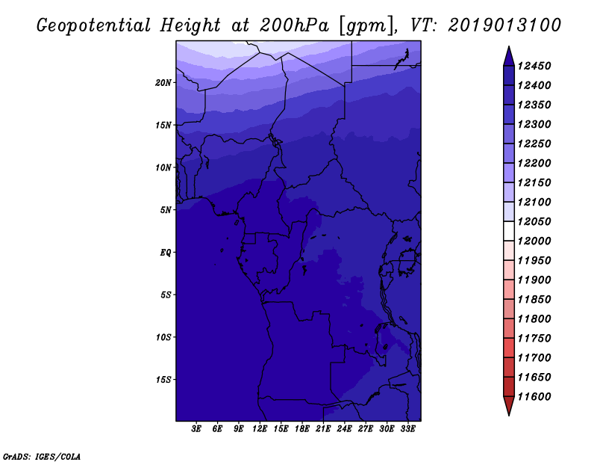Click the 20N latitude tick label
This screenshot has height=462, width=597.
pos(163,82)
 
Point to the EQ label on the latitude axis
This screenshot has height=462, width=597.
pos(166,252)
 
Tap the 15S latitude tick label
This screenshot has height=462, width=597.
pos(163,380)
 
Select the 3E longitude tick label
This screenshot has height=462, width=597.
pos(196,429)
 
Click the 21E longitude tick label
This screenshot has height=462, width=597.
pos(323,429)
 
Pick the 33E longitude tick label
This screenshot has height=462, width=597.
pos(407,429)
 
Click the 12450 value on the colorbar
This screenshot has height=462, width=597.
pos(534,66)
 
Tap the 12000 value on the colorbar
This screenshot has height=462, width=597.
pos(534,241)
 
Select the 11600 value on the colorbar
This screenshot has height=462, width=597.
pos(534,397)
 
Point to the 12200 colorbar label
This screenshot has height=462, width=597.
pos(534,163)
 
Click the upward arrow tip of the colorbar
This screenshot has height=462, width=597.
pos(509,46)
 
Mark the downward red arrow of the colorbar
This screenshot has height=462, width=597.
pos(509,406)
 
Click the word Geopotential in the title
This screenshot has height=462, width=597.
pos(94,26)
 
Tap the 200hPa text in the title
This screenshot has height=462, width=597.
pos(294,25)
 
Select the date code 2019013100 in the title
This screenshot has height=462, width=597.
pos(504,25)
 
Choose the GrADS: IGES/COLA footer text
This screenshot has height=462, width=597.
pos(42,457)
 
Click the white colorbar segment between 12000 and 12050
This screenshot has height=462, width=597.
pos(509,231)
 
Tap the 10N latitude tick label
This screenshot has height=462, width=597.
pos(163,167)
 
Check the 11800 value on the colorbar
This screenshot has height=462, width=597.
pos(534,319)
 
